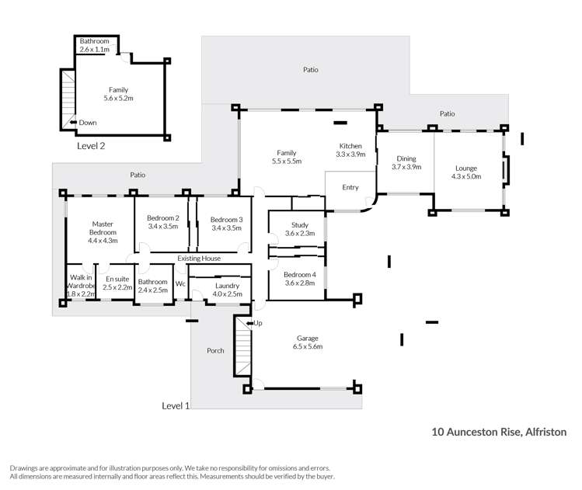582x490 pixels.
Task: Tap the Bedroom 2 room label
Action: pyautogui.click(x=163, y=222)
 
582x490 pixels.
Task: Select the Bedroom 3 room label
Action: pyautogui.click(x=226, y=223)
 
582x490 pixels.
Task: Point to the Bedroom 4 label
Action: pyautogui.click(x=299, y=279)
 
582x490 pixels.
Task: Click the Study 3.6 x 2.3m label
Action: pyautogui.click(x=299, y=229)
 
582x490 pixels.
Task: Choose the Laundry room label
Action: pyautogui.click(x=227, y=290)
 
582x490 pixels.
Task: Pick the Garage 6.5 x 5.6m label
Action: pyautogui.click(x=308, y=342)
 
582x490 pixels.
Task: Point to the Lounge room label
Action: pyautogui.click(x=466, y=172)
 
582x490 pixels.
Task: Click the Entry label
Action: pyautogui.click(x=350, y=187)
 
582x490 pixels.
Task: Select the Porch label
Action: pyautogui.click(x=215, y=350)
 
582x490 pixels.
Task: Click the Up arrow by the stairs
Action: pyautogui.click(x=254, y=322)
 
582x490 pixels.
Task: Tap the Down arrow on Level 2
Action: pyautogui.click(x=82, y=123)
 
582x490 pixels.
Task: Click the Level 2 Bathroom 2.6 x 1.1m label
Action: pyautogui.click(x=98, y=45)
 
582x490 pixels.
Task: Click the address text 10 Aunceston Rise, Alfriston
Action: pyautogui.click(x=499, y=431)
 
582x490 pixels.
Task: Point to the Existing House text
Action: pyautogui.click(x=199, y=258)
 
